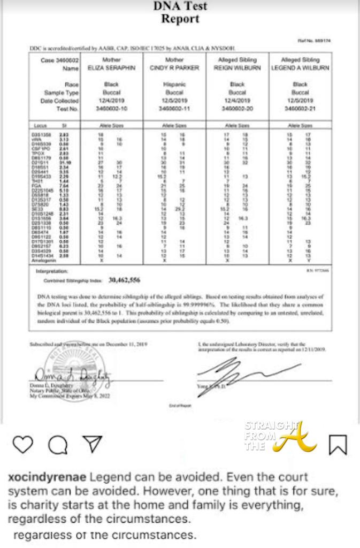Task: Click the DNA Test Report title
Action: [180, 13]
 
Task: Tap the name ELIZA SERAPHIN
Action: [111, 68]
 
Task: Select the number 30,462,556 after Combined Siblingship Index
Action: [127, 279]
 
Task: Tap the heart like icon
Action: [23, 443]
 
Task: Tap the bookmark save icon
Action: [338, 444]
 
